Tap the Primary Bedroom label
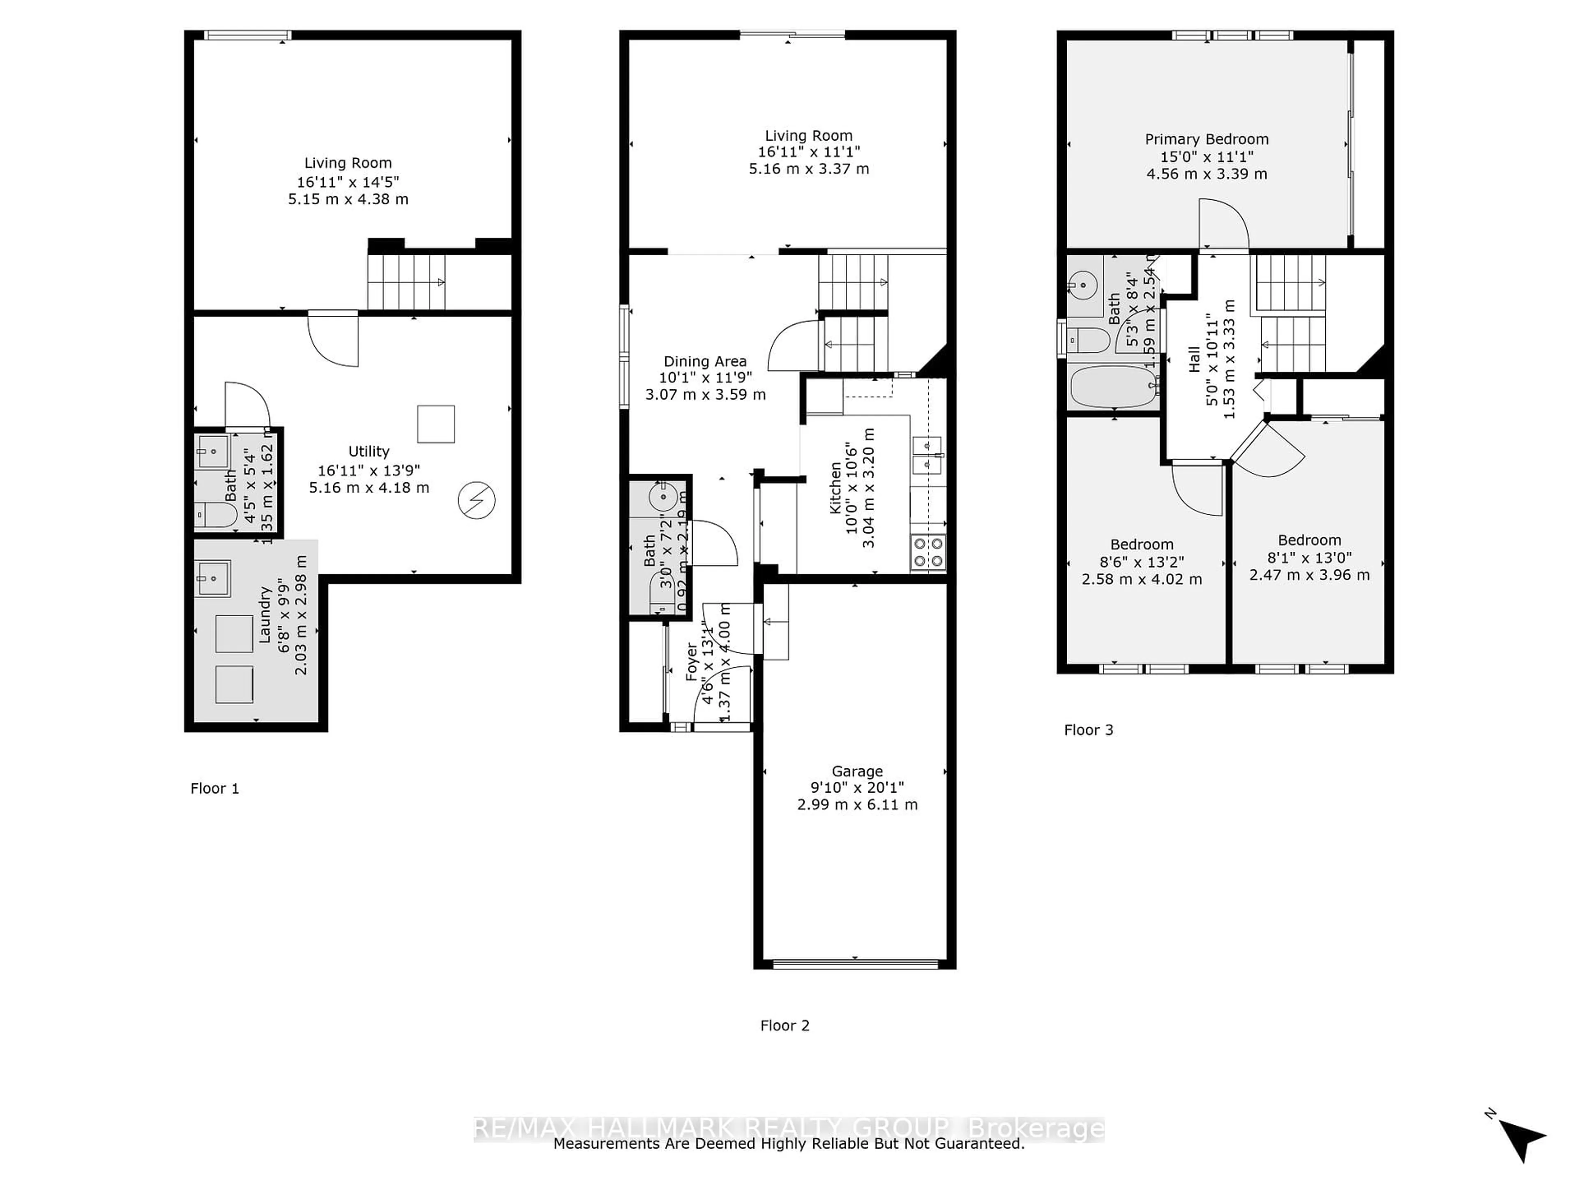1207,140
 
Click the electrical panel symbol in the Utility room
477,501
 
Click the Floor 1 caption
214,789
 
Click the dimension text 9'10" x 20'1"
857,788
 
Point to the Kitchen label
835,488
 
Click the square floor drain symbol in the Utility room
436,424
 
